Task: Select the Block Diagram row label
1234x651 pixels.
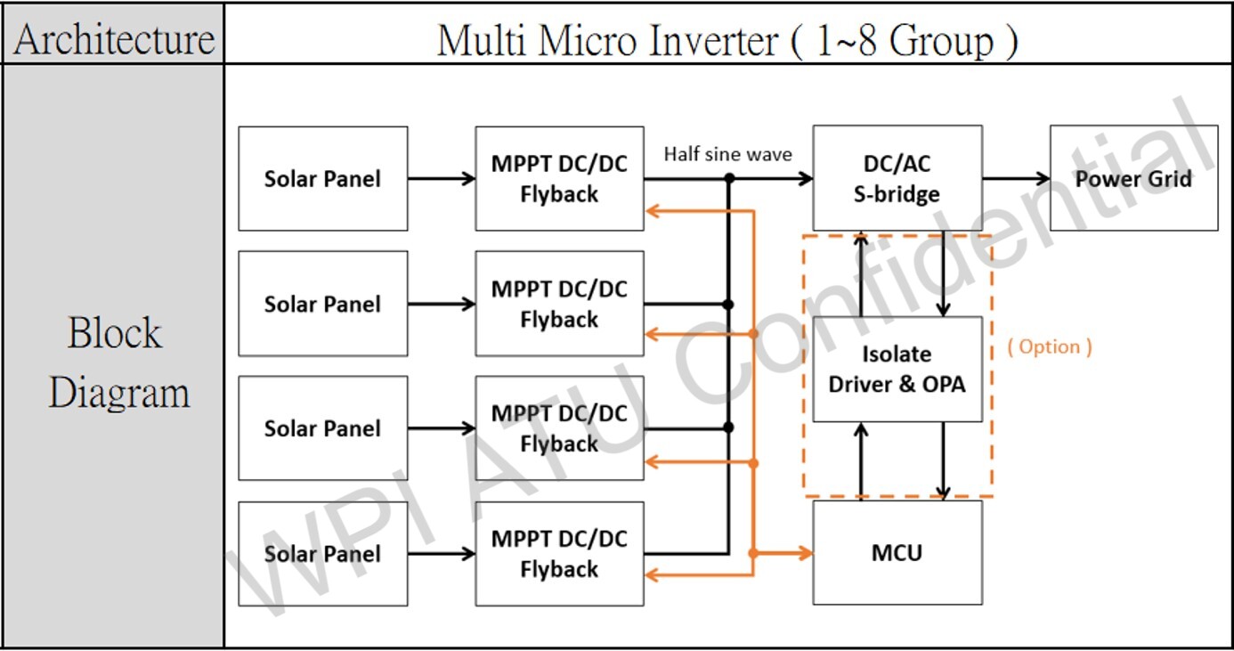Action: (x=117, y=362)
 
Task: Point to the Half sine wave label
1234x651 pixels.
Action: (x=727, y=154)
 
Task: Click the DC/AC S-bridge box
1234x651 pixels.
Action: (x=897, y=178)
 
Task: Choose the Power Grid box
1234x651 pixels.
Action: (x=1133, y=178)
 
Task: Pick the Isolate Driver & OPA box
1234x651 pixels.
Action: (x=897, y=369)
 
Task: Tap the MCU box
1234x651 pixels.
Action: (x=897, y=552)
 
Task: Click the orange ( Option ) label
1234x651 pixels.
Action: (x=1050, y=346)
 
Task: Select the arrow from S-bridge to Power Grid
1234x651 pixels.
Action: (x=1016, y=178)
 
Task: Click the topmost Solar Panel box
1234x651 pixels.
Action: (x=322, y=178)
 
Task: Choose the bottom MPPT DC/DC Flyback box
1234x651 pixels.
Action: (x=559, y=553)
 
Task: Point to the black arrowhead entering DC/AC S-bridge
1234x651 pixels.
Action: (x=806, y=179)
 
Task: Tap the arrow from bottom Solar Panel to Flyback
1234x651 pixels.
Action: (x=442, y=554)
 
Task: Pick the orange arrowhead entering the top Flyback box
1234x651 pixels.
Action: (x=653, y=211)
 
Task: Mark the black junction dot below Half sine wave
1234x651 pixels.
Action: (x=729, y=179)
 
